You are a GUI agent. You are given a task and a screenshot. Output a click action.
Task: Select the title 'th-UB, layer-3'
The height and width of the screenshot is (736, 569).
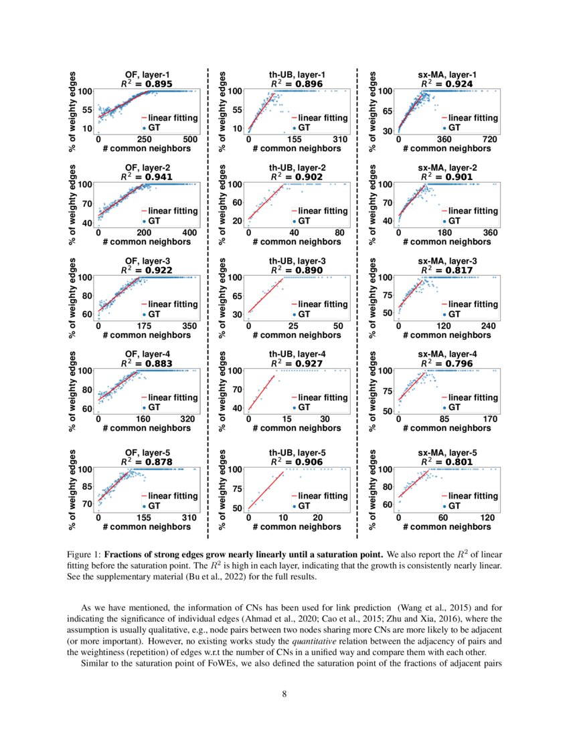coord(297,261)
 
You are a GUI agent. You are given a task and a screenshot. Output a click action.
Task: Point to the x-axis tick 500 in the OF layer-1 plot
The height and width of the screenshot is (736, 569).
coord(190,139)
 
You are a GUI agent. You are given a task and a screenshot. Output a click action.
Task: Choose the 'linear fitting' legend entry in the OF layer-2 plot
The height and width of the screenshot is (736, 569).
coord(172,211)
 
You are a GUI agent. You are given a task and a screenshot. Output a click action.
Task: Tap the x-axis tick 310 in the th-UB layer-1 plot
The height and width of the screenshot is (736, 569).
coord(340,139)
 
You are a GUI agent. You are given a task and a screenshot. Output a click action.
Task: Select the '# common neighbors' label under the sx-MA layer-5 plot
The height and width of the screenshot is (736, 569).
coord(447,527)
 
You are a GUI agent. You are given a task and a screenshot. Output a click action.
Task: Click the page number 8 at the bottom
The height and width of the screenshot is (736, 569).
coord(284,694)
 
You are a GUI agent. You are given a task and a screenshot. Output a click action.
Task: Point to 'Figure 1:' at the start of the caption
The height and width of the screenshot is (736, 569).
coord(84,555)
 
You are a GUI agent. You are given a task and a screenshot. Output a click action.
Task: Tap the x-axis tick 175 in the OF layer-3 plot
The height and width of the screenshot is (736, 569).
coord(143,325)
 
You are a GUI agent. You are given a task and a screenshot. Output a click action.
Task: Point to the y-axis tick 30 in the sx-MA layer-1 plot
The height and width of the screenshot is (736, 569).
coord(388,130)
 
